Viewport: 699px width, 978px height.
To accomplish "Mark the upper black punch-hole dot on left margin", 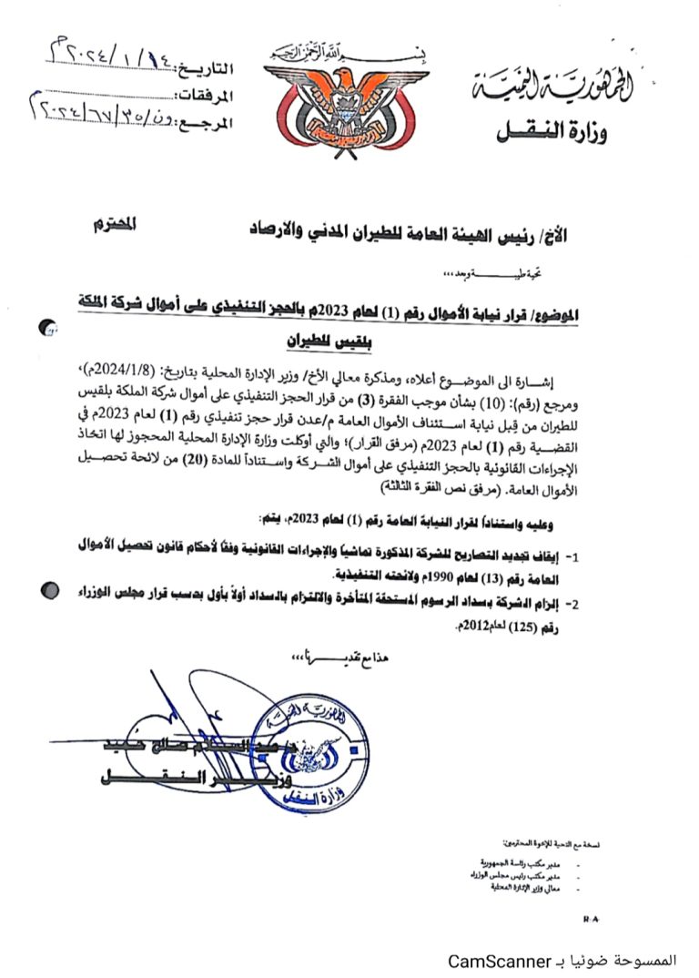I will pyautogui.click(x=50, y=329).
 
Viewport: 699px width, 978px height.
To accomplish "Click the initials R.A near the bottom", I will pyautogui.click(x=591, y=920).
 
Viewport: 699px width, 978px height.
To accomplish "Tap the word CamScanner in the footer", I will pyautogui.click(x=499, y=961).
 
